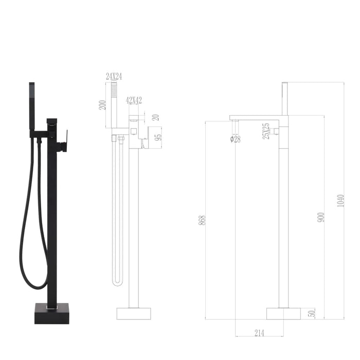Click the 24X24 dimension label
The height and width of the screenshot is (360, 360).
click(x=113, y=76)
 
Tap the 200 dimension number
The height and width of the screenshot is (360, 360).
click(x=103, y=105)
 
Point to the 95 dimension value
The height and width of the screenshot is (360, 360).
click(x=159, y=137)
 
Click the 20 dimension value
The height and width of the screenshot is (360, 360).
click(x=156, y=117)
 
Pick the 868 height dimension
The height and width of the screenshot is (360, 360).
click(x=202, y=220)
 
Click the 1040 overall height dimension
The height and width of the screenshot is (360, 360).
click(x=340, y=201)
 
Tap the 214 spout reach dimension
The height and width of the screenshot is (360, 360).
click(x=259, y=333)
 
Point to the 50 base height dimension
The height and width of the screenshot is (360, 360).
click(x=311, y=313)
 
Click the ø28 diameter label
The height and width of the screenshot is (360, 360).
click(x=236, y=139)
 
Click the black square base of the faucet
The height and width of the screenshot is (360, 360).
click(x=51, y=313)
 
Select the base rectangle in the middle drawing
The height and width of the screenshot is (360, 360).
click(x=134, y=313)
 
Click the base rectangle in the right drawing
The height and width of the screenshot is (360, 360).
click(x=283, y=313)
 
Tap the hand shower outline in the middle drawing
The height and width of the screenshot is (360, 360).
click(x=115, y=105)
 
